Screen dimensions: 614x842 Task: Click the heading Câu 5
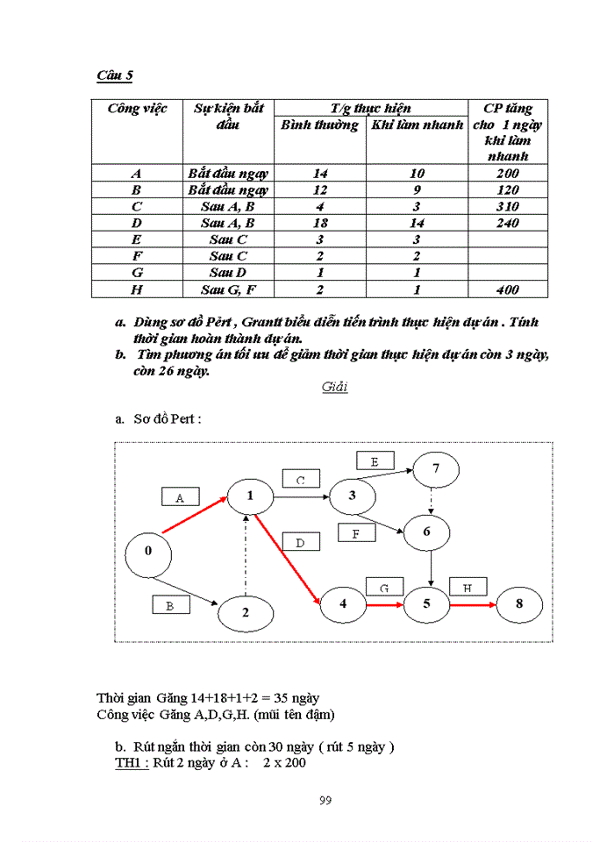pos(115,76)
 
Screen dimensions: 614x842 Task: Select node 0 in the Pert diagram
pos(147,552)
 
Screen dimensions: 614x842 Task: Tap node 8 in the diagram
pos(519,603)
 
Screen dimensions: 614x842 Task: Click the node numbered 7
pos(436,469)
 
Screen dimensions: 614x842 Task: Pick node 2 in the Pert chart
pos(246,613)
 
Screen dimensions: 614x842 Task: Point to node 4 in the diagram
pos(343,603)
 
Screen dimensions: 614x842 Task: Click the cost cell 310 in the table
pos(507,207)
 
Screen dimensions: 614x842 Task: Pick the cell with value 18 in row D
pos(320,224)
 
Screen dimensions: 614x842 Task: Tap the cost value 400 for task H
pos(507,290)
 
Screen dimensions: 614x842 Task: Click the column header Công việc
pos(137,110)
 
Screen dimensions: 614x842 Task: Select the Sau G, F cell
pos(228,290)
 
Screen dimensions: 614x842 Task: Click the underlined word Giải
pos(334,387)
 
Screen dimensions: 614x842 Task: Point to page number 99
pos(325,799)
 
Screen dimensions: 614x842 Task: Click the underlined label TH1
pos(132,763)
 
